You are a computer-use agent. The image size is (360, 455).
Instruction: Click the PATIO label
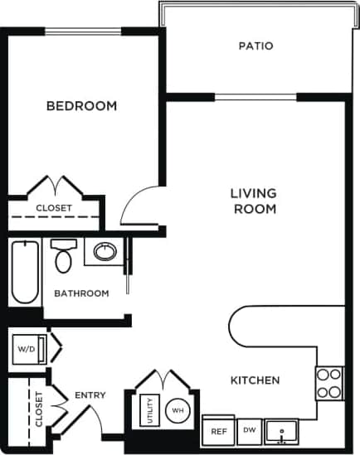pyautogui.click(x=255, y=46)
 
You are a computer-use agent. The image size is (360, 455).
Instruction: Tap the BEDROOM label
pyautogui.click(x=81, y=106)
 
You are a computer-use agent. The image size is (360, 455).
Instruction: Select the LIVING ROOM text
pyautogui.click(x=254, y=201)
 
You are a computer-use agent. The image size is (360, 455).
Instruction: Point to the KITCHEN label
pyautogui.click(x=255, y=380)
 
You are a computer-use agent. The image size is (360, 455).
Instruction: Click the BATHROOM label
pyautogui.click(x=81, y=293)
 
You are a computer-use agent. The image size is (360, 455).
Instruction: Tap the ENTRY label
pyautogui.click(x=90, y=395)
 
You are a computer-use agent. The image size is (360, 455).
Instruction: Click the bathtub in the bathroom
pyautogui.click(x=24, y=272)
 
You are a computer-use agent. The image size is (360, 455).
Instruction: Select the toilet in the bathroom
pyautogui.click(x=63, y=256)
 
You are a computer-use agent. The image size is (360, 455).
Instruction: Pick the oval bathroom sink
pyautogui.click(x=105, y=251)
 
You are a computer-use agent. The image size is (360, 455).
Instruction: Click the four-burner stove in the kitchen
pyautogui.click(x=329, y=383)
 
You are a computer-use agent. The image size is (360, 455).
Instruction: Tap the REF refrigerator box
pyautogui.click(x=219, y=431)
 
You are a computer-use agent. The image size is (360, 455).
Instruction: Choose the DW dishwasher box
pyautogui.click(x=249, y=429)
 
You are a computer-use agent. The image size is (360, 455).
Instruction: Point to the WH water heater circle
pyautogui.click(x=177, y=410)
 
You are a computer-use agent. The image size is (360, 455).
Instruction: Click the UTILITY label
pyautogui.click(x=150, y=410)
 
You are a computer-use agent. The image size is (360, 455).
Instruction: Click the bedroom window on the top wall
pyautogui.click(x=83, y=31)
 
